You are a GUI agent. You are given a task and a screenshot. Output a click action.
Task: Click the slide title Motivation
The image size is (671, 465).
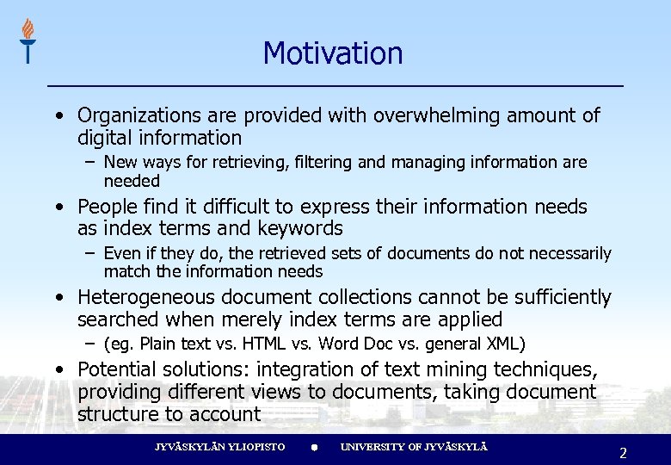tap(333, 53)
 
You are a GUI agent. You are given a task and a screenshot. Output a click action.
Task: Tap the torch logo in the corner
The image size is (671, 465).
tap(28, 40)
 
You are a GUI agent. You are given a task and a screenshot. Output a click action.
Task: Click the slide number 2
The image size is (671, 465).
tap(623, 452)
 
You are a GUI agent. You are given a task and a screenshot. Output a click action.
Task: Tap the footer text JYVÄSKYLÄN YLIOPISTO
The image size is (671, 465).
tap(219, 447)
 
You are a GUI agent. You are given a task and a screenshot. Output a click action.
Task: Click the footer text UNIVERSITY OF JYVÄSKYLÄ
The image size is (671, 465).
tap(414, 447)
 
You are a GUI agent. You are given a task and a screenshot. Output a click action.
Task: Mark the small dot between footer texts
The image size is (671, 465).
tap(315, 448)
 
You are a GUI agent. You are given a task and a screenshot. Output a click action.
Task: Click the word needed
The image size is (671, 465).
tap(132, 181)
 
